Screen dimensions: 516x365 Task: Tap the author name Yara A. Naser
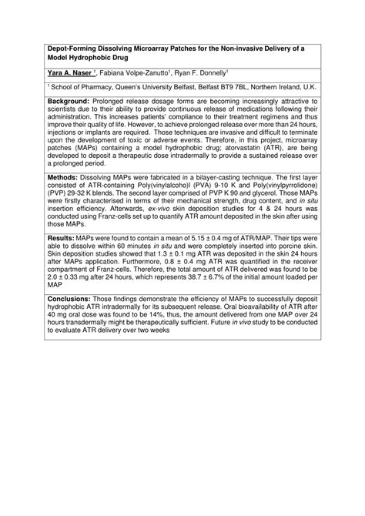click(69, 72)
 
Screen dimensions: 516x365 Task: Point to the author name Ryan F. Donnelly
click(202, 72)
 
